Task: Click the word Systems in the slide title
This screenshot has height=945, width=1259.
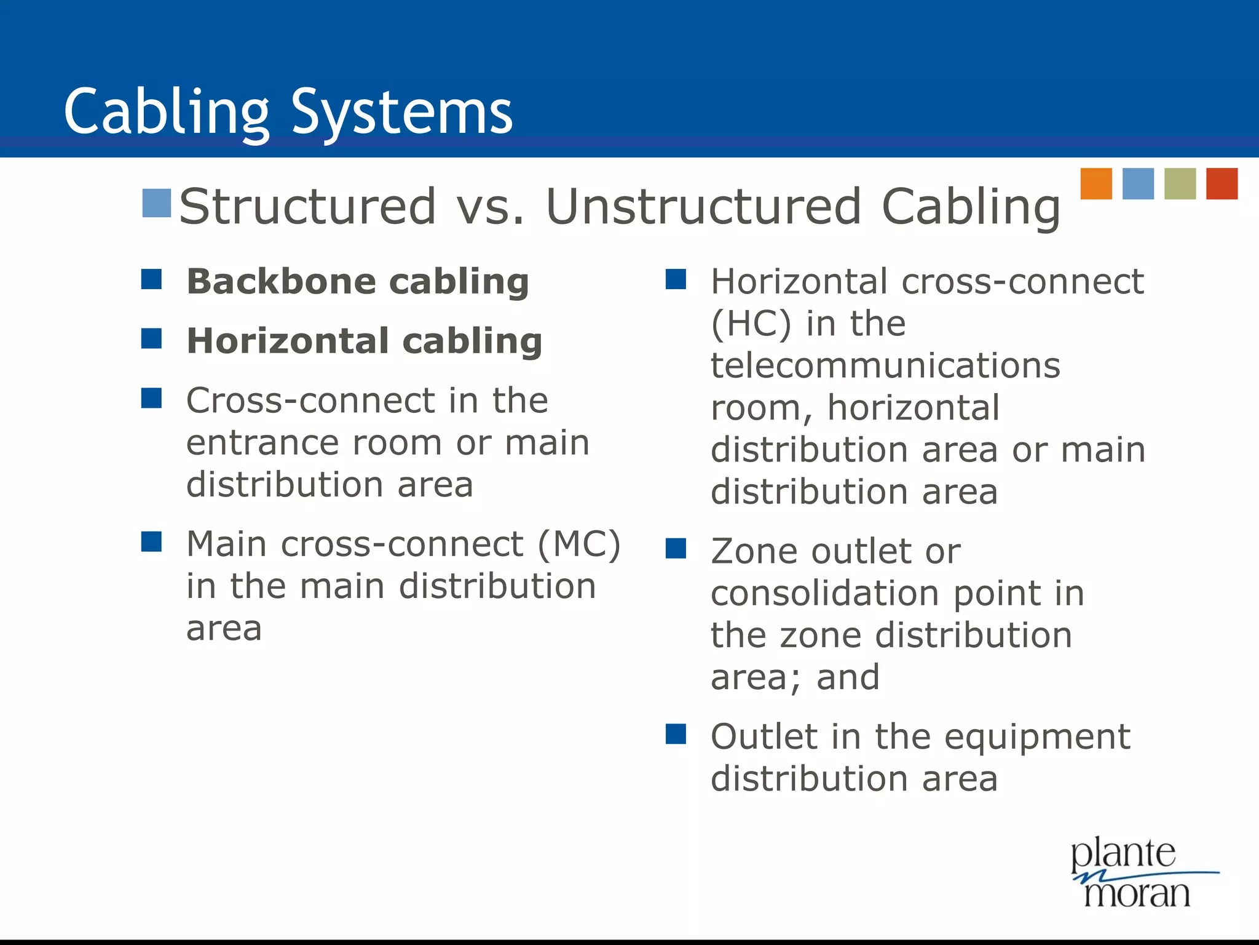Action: tap(402, 112)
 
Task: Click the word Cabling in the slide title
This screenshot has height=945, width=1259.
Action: tap(167, 112)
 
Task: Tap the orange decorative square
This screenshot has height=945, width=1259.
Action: tap(1096, 183)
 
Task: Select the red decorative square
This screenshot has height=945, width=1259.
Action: tap(1222, 183)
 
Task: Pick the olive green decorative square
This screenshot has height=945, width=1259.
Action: tap(1180, 183)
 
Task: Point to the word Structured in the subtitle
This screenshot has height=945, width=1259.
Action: tap(307, 207)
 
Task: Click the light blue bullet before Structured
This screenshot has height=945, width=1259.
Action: tap(156, 204)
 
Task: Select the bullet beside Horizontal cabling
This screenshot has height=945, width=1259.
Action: tap(151, 338)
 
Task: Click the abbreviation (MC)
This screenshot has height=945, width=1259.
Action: tap(579, 544)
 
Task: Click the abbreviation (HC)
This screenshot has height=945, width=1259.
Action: tap(751, 324)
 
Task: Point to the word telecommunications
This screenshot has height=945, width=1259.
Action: tap(885, 365)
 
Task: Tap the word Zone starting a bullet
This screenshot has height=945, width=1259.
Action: tap(752, 551)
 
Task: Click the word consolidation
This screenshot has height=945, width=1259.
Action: tap(824, 594)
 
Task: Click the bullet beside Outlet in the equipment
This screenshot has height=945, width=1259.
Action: tap(676, 734)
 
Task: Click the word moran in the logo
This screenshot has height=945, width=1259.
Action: tap(1137, 893)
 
